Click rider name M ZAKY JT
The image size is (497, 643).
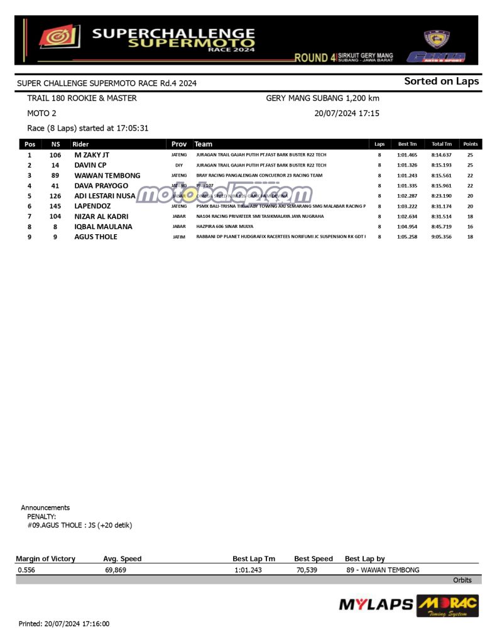(92, 154)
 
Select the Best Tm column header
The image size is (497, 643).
(407, 144)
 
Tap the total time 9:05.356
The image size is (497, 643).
(441, 237)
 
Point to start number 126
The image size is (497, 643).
(55, 196)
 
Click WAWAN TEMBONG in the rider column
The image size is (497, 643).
(107, 175)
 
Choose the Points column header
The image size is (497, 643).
(470, 144)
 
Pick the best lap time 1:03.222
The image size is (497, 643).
(407, 206)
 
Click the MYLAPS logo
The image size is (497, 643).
(376, 605)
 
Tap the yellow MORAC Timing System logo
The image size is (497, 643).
(447, 606)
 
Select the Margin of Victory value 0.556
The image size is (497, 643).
(26, 570)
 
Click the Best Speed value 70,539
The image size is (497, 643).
(308, 570)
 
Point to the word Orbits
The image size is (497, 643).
(462, 580)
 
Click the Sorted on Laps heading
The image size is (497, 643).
(441, 81)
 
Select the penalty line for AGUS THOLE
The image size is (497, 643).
(80, 525)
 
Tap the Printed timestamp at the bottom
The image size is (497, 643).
(64, 624)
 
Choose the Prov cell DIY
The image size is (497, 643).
(179, 165)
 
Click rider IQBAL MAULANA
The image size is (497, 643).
(103, 227)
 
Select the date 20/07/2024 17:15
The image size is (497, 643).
(346, 114)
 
